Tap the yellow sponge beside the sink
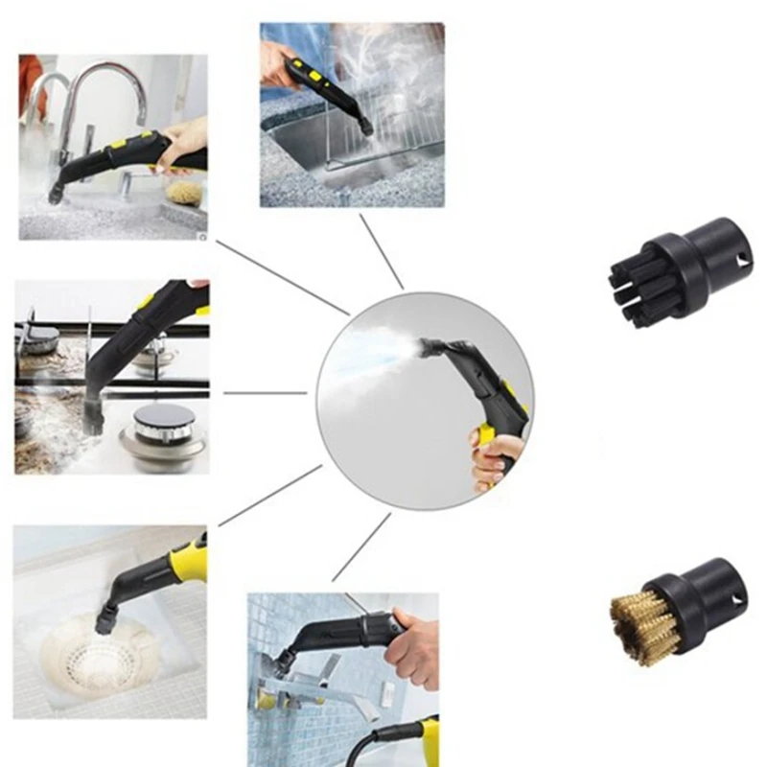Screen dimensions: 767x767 182,193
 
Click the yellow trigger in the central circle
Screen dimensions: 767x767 486,437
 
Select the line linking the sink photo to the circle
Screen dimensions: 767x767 282,277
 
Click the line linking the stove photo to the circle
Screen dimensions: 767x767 265,392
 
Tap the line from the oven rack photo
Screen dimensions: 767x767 382,251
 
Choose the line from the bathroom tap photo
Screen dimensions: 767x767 361,546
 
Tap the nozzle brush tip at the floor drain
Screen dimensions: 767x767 103,622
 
